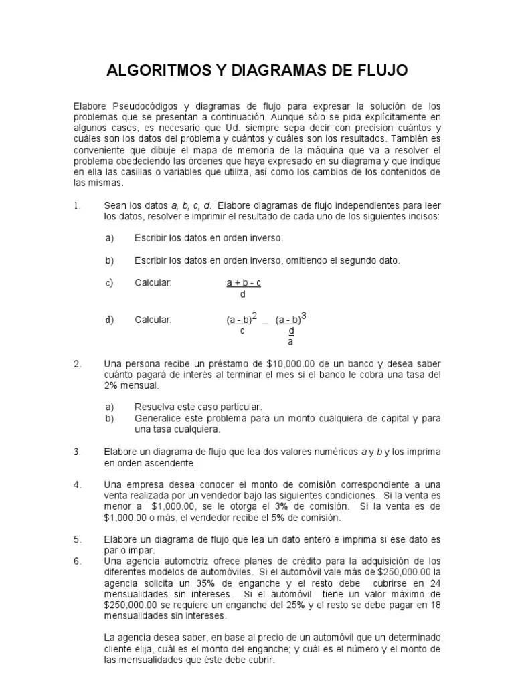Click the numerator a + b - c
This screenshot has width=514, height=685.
click(244, 283)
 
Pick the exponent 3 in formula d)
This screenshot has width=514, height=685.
click(304, 315)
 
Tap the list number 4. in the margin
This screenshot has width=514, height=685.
click(78, 484)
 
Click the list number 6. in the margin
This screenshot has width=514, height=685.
click(78, 561)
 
